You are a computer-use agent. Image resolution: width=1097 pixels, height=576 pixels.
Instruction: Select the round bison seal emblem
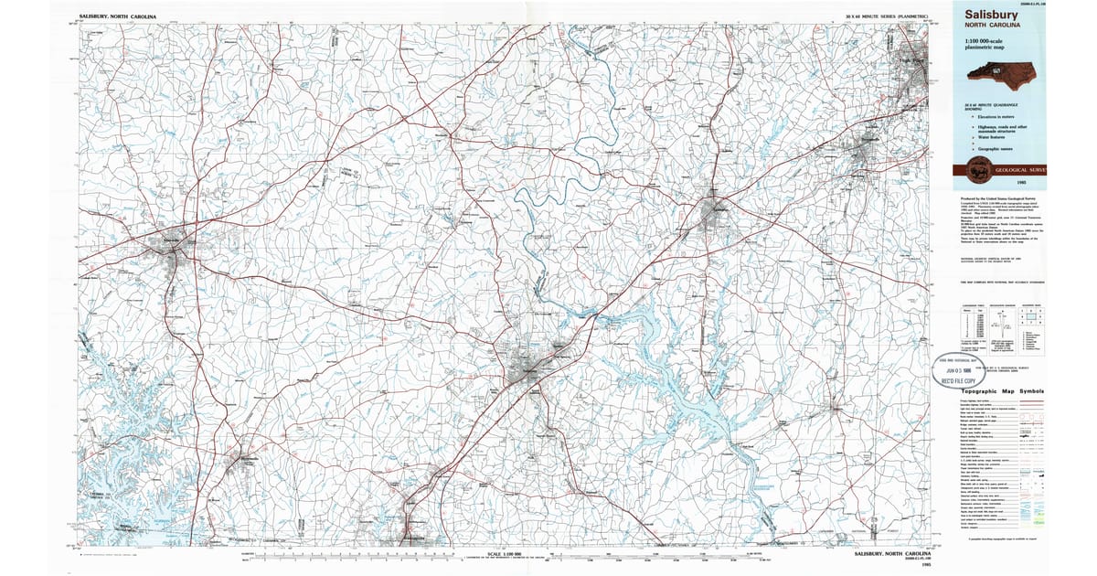pyautogui.click(x=977, y=169)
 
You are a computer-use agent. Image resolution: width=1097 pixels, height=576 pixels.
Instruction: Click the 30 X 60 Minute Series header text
pyautogui.click(x=887, y=17)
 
